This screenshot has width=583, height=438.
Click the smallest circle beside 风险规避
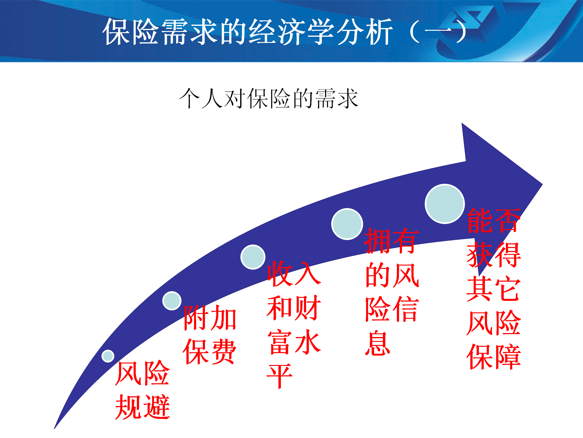point(108,356)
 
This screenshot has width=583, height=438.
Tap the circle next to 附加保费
point(172,301)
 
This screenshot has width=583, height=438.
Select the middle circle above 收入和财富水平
point(253,257)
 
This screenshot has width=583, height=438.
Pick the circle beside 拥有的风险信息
point(347,224)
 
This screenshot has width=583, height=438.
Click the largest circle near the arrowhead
point(445,204)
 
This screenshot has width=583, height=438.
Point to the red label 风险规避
point(142,390)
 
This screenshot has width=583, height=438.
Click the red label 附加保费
point(210,335)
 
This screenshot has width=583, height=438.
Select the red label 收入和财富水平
point(294,324)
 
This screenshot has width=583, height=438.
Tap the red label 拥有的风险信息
point(392,291)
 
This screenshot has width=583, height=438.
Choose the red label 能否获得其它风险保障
point(494,289)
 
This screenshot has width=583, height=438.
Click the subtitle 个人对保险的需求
point(269,98)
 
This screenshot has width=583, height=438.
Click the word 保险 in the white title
point(131,32)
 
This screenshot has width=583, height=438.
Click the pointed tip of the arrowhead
point(542,184)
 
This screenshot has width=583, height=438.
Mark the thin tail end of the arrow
point(55,428)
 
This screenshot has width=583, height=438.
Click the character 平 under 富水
point(280,376)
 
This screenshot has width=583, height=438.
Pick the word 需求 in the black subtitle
point(337,98)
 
